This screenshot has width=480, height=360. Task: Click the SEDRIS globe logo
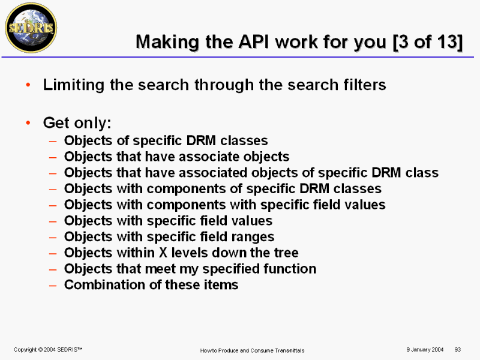31,28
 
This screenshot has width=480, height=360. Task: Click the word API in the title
254,41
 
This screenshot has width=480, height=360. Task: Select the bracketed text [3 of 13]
428,42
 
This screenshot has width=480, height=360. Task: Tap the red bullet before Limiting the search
28,85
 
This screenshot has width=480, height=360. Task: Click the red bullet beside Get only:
28,123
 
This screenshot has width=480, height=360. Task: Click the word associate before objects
191,157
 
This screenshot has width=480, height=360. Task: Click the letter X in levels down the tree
163,253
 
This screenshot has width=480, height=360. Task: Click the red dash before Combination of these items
53,286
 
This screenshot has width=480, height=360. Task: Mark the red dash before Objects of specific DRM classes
53,141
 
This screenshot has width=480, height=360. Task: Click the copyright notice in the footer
48,349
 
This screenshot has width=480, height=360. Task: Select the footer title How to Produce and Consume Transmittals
252,350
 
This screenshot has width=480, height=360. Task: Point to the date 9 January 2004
425,349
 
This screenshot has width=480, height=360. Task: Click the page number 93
458,349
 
